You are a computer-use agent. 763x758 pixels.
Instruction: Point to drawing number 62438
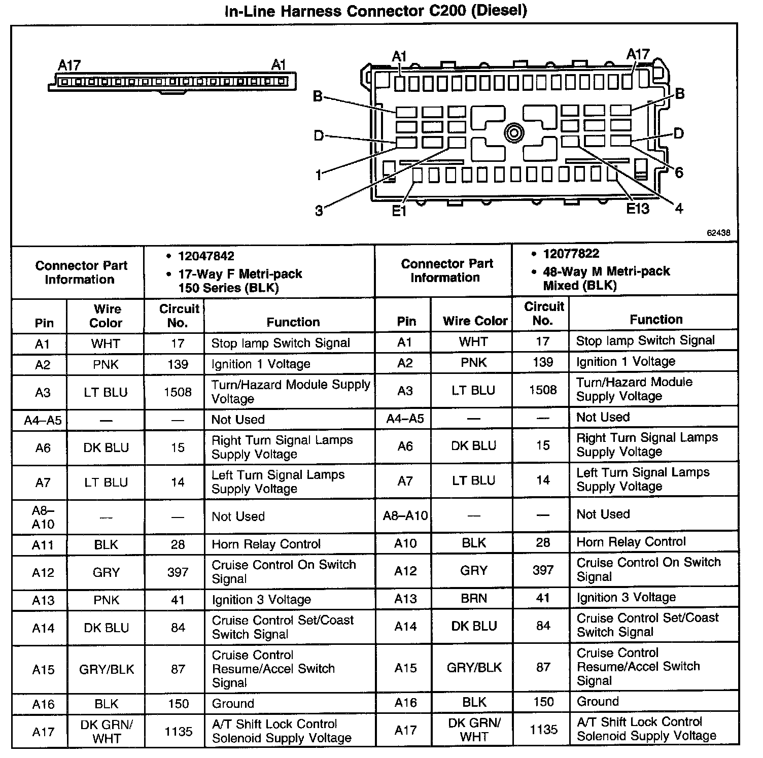point(718,233)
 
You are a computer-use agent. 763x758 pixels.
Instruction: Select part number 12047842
point(206,256)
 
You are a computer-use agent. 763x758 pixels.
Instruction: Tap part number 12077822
point(571,254)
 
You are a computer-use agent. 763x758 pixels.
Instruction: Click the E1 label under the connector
point(399,210)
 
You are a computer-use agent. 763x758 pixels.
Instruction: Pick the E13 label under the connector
point(637,209)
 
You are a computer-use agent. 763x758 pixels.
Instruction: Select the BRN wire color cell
point(474,598)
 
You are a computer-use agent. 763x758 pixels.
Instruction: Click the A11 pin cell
point(43,545)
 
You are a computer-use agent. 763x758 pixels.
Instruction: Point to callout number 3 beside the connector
point(319,211)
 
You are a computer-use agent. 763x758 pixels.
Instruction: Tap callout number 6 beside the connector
point(679,173)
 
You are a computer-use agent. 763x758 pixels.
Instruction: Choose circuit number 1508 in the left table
point(178,392)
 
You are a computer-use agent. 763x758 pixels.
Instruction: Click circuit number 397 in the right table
point(543,570)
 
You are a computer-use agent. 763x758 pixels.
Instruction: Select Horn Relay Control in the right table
point(631,542)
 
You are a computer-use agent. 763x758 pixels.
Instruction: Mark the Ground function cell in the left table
point(233,704)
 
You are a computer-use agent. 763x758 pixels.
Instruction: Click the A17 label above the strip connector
point(69,65)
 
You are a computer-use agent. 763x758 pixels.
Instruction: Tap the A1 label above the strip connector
point(279,65)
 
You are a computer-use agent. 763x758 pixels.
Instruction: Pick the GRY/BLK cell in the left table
point(107,669)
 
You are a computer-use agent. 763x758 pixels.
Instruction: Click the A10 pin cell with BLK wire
point(405,543)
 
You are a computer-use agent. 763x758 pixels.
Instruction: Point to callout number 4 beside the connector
point(679,208)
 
